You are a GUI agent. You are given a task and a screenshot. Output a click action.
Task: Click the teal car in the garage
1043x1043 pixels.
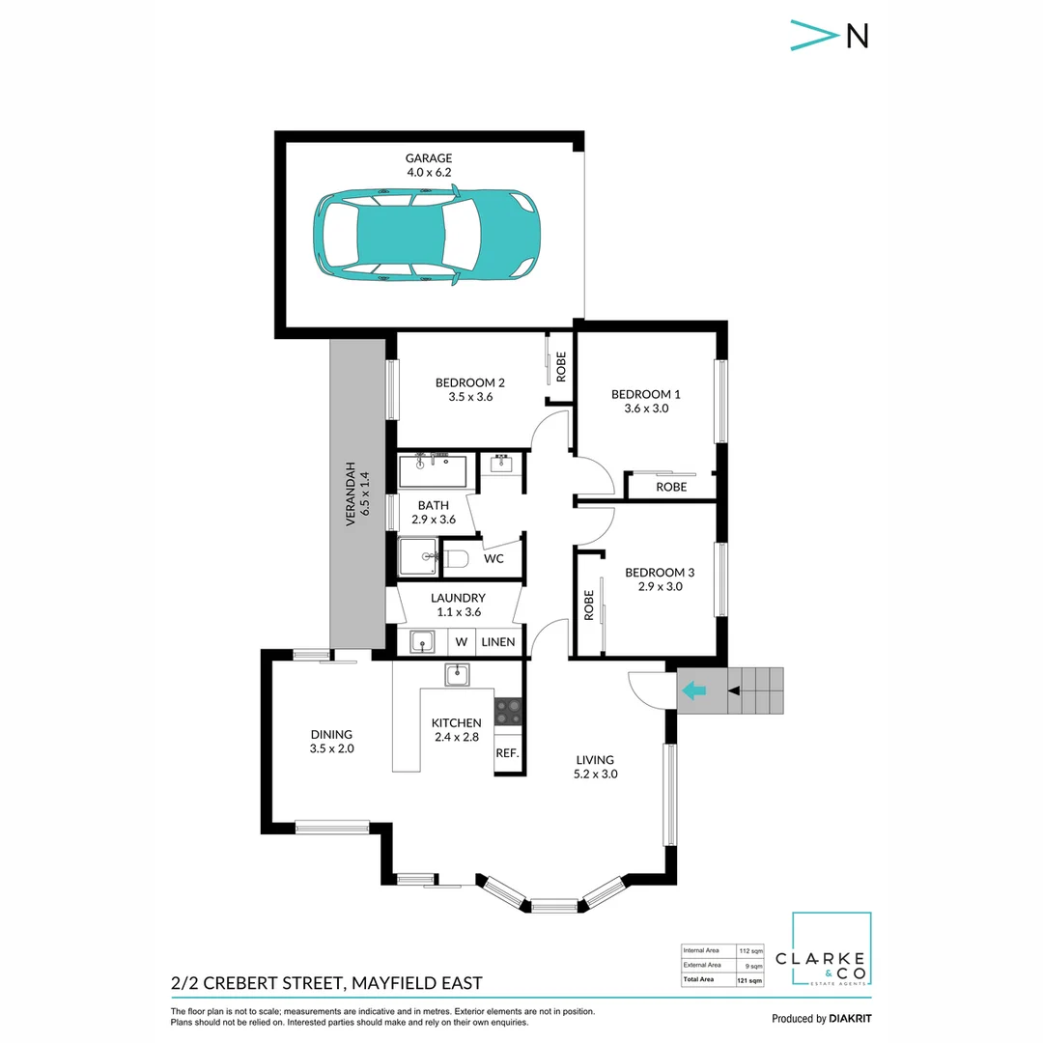(426, 236)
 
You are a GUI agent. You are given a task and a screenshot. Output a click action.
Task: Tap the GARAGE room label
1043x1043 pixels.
(429, 158)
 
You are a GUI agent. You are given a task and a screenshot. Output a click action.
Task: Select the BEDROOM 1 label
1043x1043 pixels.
(646, 394)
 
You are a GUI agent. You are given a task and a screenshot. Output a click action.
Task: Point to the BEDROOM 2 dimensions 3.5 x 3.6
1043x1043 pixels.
(470, 396)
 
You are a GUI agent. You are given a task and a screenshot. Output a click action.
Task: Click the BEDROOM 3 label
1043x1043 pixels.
(660, 572)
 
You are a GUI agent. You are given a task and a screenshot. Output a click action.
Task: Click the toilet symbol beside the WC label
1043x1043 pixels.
(457, 559)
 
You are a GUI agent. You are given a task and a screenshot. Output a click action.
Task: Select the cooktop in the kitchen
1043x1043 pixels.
(508, 713)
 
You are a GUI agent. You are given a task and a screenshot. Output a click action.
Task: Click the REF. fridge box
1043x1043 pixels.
(508, 753)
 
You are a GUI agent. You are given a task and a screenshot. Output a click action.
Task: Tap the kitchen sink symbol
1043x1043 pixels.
(457, 674)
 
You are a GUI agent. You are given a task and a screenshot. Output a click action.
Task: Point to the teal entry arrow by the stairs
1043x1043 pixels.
(692, 691)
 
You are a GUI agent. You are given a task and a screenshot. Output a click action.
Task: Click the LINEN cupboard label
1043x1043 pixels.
(498, 641)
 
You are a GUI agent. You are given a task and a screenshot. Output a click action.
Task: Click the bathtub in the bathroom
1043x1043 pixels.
(432, 472)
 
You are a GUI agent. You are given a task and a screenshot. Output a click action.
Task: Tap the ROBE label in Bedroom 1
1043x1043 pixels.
(671, 487)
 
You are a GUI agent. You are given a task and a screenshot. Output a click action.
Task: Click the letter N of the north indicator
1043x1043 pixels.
(857, 35)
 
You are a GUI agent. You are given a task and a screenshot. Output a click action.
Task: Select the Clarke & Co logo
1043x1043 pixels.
(832, 950)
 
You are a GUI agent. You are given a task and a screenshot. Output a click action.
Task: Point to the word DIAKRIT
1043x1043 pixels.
(851, 1019)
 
